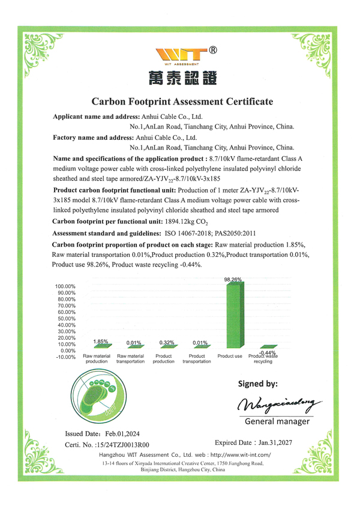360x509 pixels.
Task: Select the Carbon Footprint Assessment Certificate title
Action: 182,101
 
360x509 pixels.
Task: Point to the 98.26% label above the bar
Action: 233,279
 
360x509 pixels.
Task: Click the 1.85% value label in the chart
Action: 101,342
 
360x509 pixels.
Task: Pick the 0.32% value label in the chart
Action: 167,343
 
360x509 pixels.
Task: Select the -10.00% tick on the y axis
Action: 65,357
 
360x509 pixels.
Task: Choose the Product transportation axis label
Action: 197,359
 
